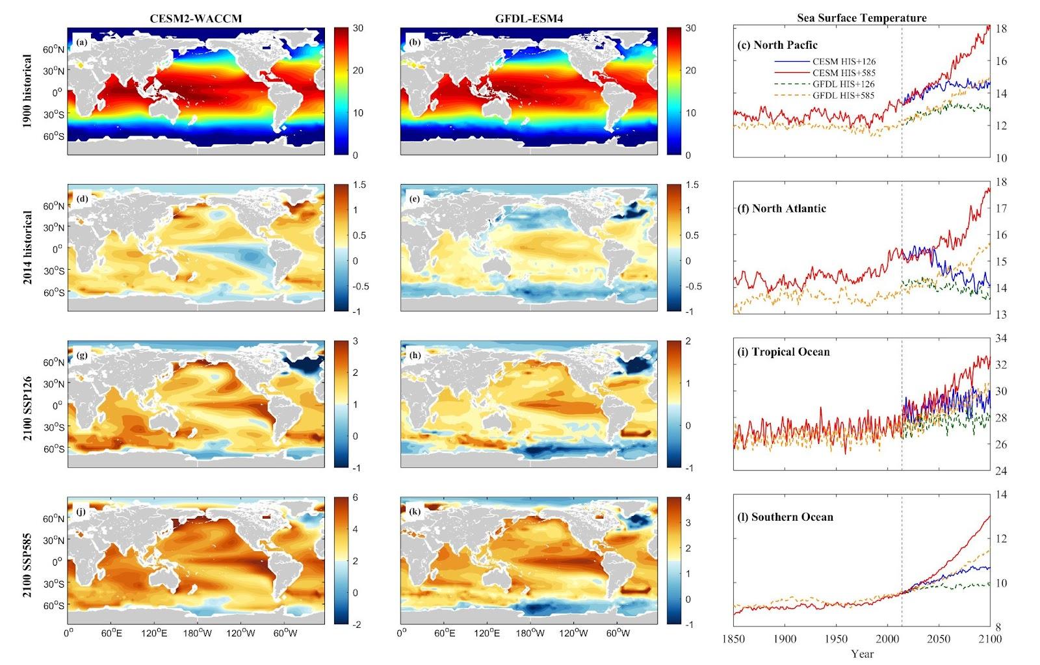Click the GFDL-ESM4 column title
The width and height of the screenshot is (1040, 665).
click(528, 19)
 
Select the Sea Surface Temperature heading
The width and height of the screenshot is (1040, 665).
click(862, 18)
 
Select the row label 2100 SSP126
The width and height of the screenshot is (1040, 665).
click(28, 404)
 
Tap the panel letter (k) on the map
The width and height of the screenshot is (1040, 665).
click(414, 512)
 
